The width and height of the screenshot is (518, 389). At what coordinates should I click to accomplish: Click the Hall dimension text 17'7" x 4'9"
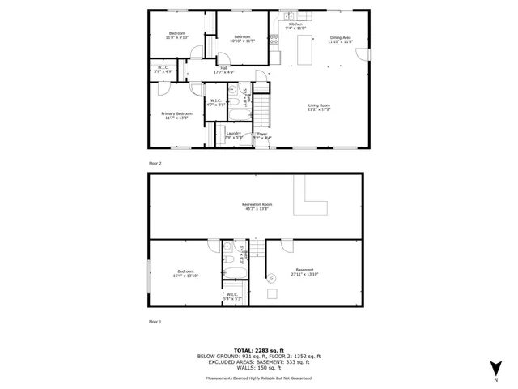coord(223,72)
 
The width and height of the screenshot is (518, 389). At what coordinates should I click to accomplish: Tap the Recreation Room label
coord(257,207)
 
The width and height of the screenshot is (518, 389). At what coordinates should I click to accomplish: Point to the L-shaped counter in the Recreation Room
coord(312,201)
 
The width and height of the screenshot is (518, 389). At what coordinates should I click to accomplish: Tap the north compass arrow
coord(496,366)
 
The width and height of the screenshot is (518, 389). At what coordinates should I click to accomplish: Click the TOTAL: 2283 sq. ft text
coord(259,350)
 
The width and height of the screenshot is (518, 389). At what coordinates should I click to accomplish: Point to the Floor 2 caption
coord(155,163)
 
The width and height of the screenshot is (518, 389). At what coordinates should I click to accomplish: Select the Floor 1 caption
coord(155,322)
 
